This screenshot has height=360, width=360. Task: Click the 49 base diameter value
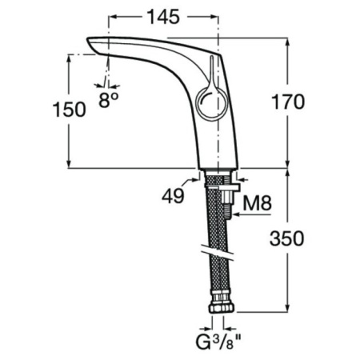(173, 197)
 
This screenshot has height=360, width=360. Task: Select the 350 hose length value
(287, 238)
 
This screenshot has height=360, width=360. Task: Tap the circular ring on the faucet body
(210, 103)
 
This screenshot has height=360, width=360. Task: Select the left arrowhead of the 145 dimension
(113, 17)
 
